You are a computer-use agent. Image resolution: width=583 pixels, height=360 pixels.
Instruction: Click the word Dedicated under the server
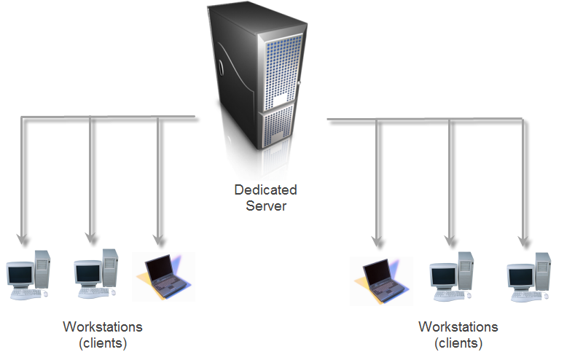click(265, 190)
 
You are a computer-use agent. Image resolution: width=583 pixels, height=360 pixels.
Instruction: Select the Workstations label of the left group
click(103, 326)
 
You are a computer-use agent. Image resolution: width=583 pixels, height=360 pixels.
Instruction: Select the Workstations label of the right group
click(458, 327)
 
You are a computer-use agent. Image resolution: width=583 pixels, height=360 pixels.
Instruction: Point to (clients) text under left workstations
click(103, 342)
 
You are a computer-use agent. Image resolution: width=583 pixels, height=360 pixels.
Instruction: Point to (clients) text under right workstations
click(458, 343)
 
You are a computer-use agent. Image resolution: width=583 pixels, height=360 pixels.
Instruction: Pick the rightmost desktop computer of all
click(529, 278)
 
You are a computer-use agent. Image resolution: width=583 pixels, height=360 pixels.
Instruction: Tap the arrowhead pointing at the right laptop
click(377, 240)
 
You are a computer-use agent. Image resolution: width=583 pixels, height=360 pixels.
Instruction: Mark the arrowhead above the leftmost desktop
click(23, 238)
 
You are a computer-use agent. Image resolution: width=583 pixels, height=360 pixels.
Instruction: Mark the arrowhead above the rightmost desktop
click(523, 241)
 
